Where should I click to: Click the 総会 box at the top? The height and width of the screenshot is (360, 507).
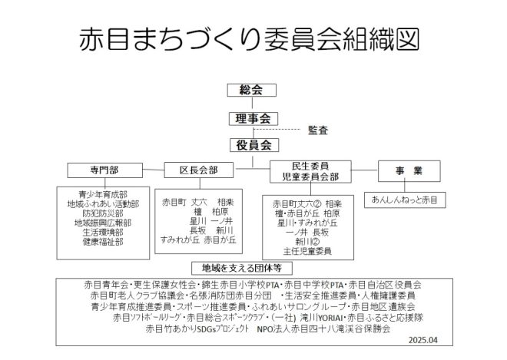[252, 91]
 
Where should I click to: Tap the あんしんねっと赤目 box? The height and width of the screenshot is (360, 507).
[404, 200]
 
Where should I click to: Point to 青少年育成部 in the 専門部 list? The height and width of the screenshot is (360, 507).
[102, 194]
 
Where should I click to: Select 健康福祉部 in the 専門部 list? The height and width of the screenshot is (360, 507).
[102, 241]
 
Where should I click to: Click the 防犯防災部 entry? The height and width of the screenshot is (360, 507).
[102, 213]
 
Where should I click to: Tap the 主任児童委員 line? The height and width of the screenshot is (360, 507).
[307, 250]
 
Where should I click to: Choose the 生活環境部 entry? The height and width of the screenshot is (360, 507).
[102, 232]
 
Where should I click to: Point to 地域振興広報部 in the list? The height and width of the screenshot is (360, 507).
[102, 223]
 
